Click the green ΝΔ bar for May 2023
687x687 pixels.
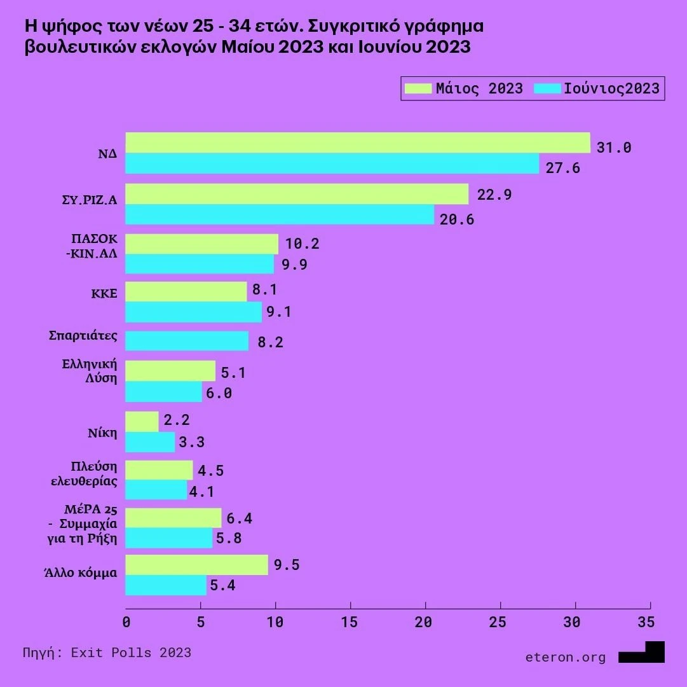[x=358, y=143]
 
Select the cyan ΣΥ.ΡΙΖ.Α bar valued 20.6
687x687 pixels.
[x=280, y=215]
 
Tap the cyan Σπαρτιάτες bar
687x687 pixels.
[x=187, y=341]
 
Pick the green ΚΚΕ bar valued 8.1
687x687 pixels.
[x=186, y=291]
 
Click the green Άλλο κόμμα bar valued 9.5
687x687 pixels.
[x=196, y=565]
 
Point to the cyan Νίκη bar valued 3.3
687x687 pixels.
[x=150, y=442]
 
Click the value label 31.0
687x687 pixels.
[x=614, y=148]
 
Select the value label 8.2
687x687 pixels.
[x=270, y=342]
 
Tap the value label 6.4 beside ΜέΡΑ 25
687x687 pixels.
[x=240, y=518]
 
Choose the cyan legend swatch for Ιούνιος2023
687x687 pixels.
[x=548, y=88]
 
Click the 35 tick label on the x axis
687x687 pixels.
[x=645, y=621]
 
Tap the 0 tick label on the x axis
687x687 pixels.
[x=126, y=621]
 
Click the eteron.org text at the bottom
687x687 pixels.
[x=566, y=657]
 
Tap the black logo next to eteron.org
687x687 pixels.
[x=642, y=652]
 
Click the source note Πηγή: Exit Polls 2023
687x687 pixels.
[x=107, y=653]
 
